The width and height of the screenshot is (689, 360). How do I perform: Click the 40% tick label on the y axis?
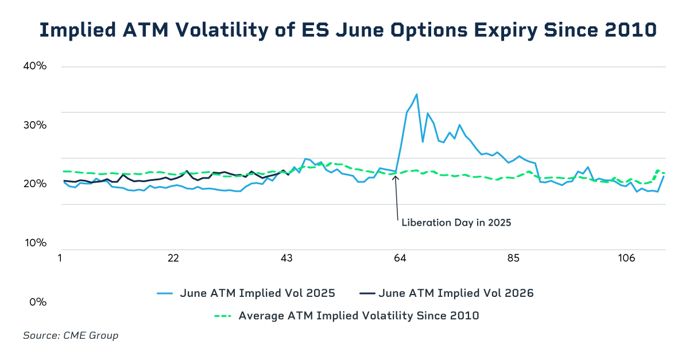point(34,66)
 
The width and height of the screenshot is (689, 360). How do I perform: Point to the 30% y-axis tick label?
point(34,125)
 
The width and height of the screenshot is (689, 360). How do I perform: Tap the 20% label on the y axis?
point(34,184)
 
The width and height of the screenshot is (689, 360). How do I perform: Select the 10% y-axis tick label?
point(34,243)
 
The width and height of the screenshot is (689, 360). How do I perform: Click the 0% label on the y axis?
point(37,302)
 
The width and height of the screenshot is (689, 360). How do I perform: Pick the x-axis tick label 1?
point(60,258)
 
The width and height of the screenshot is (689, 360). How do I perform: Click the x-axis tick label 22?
point(173,258)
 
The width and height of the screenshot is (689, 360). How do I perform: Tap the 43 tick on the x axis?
point(287,258)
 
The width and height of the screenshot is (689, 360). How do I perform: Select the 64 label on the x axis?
point(400,258)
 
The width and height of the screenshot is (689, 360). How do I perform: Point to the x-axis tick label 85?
point(513,258)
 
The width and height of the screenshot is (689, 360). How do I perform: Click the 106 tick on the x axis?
point(626,258)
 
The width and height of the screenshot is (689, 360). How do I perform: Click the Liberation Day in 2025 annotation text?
point(456,222)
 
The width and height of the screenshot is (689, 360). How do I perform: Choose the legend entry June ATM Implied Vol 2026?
point(456,293)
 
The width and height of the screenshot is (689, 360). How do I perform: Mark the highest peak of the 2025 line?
point(416,94)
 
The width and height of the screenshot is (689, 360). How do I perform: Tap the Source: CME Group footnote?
point(71,335)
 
